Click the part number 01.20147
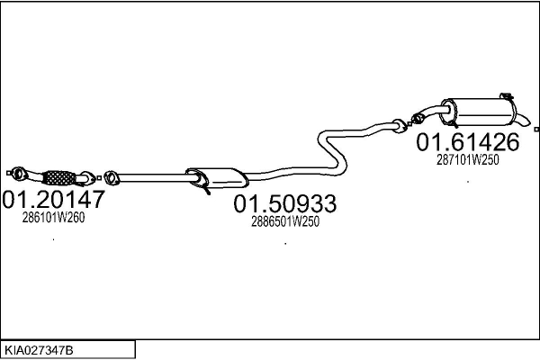point(54,199)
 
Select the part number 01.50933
point(285,205)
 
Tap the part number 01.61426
point(467,142)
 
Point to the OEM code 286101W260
point(54,217)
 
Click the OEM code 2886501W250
point(285,221)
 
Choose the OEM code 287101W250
point(467,159)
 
